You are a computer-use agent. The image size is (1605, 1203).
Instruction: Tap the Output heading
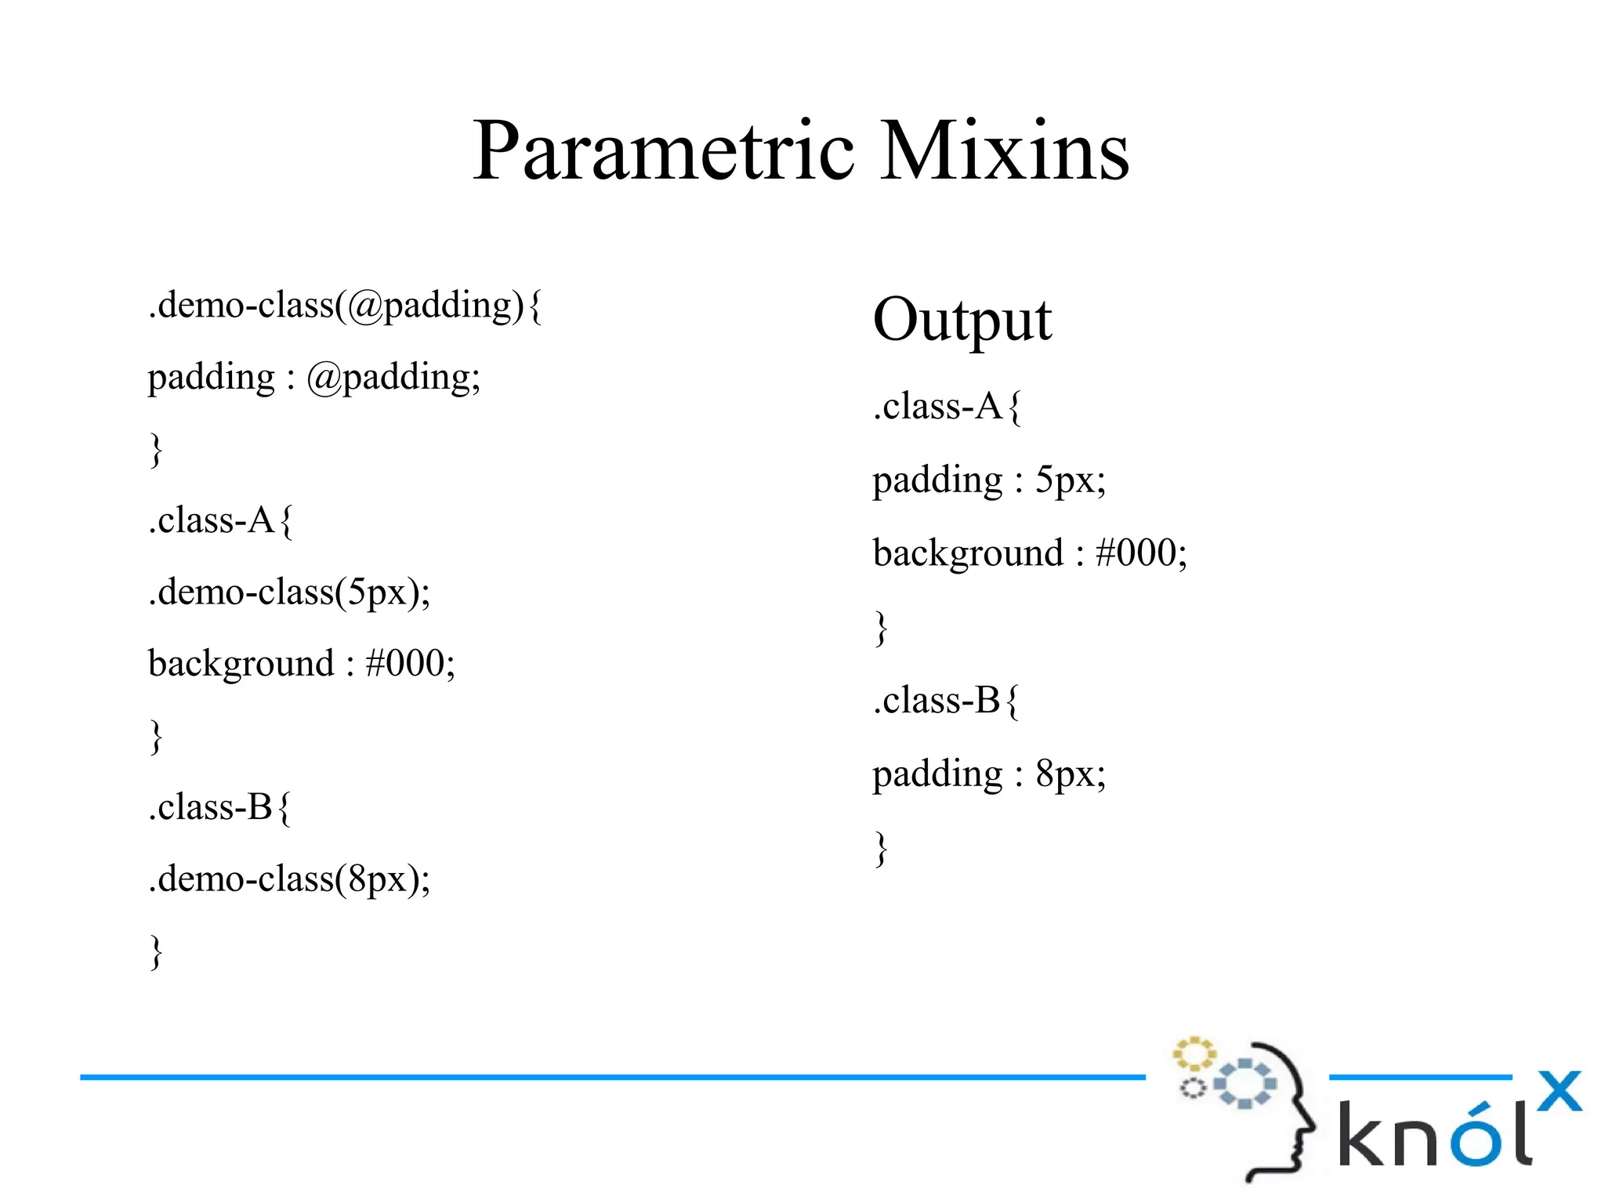pos(962,321)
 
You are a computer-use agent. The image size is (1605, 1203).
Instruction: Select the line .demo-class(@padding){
pos(345,306)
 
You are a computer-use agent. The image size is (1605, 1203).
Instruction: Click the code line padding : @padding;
pos(313,378)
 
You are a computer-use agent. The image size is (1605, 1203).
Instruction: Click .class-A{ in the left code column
pos(220,520)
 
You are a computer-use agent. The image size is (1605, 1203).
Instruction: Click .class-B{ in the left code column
pos(219,808)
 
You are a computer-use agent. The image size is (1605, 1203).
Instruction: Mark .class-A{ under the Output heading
pos(947,407)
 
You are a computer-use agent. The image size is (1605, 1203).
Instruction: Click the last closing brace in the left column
pos(156,952)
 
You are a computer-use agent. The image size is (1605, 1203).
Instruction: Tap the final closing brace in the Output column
pos(881,849)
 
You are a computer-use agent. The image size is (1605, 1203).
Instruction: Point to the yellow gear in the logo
pos(1194,1054)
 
